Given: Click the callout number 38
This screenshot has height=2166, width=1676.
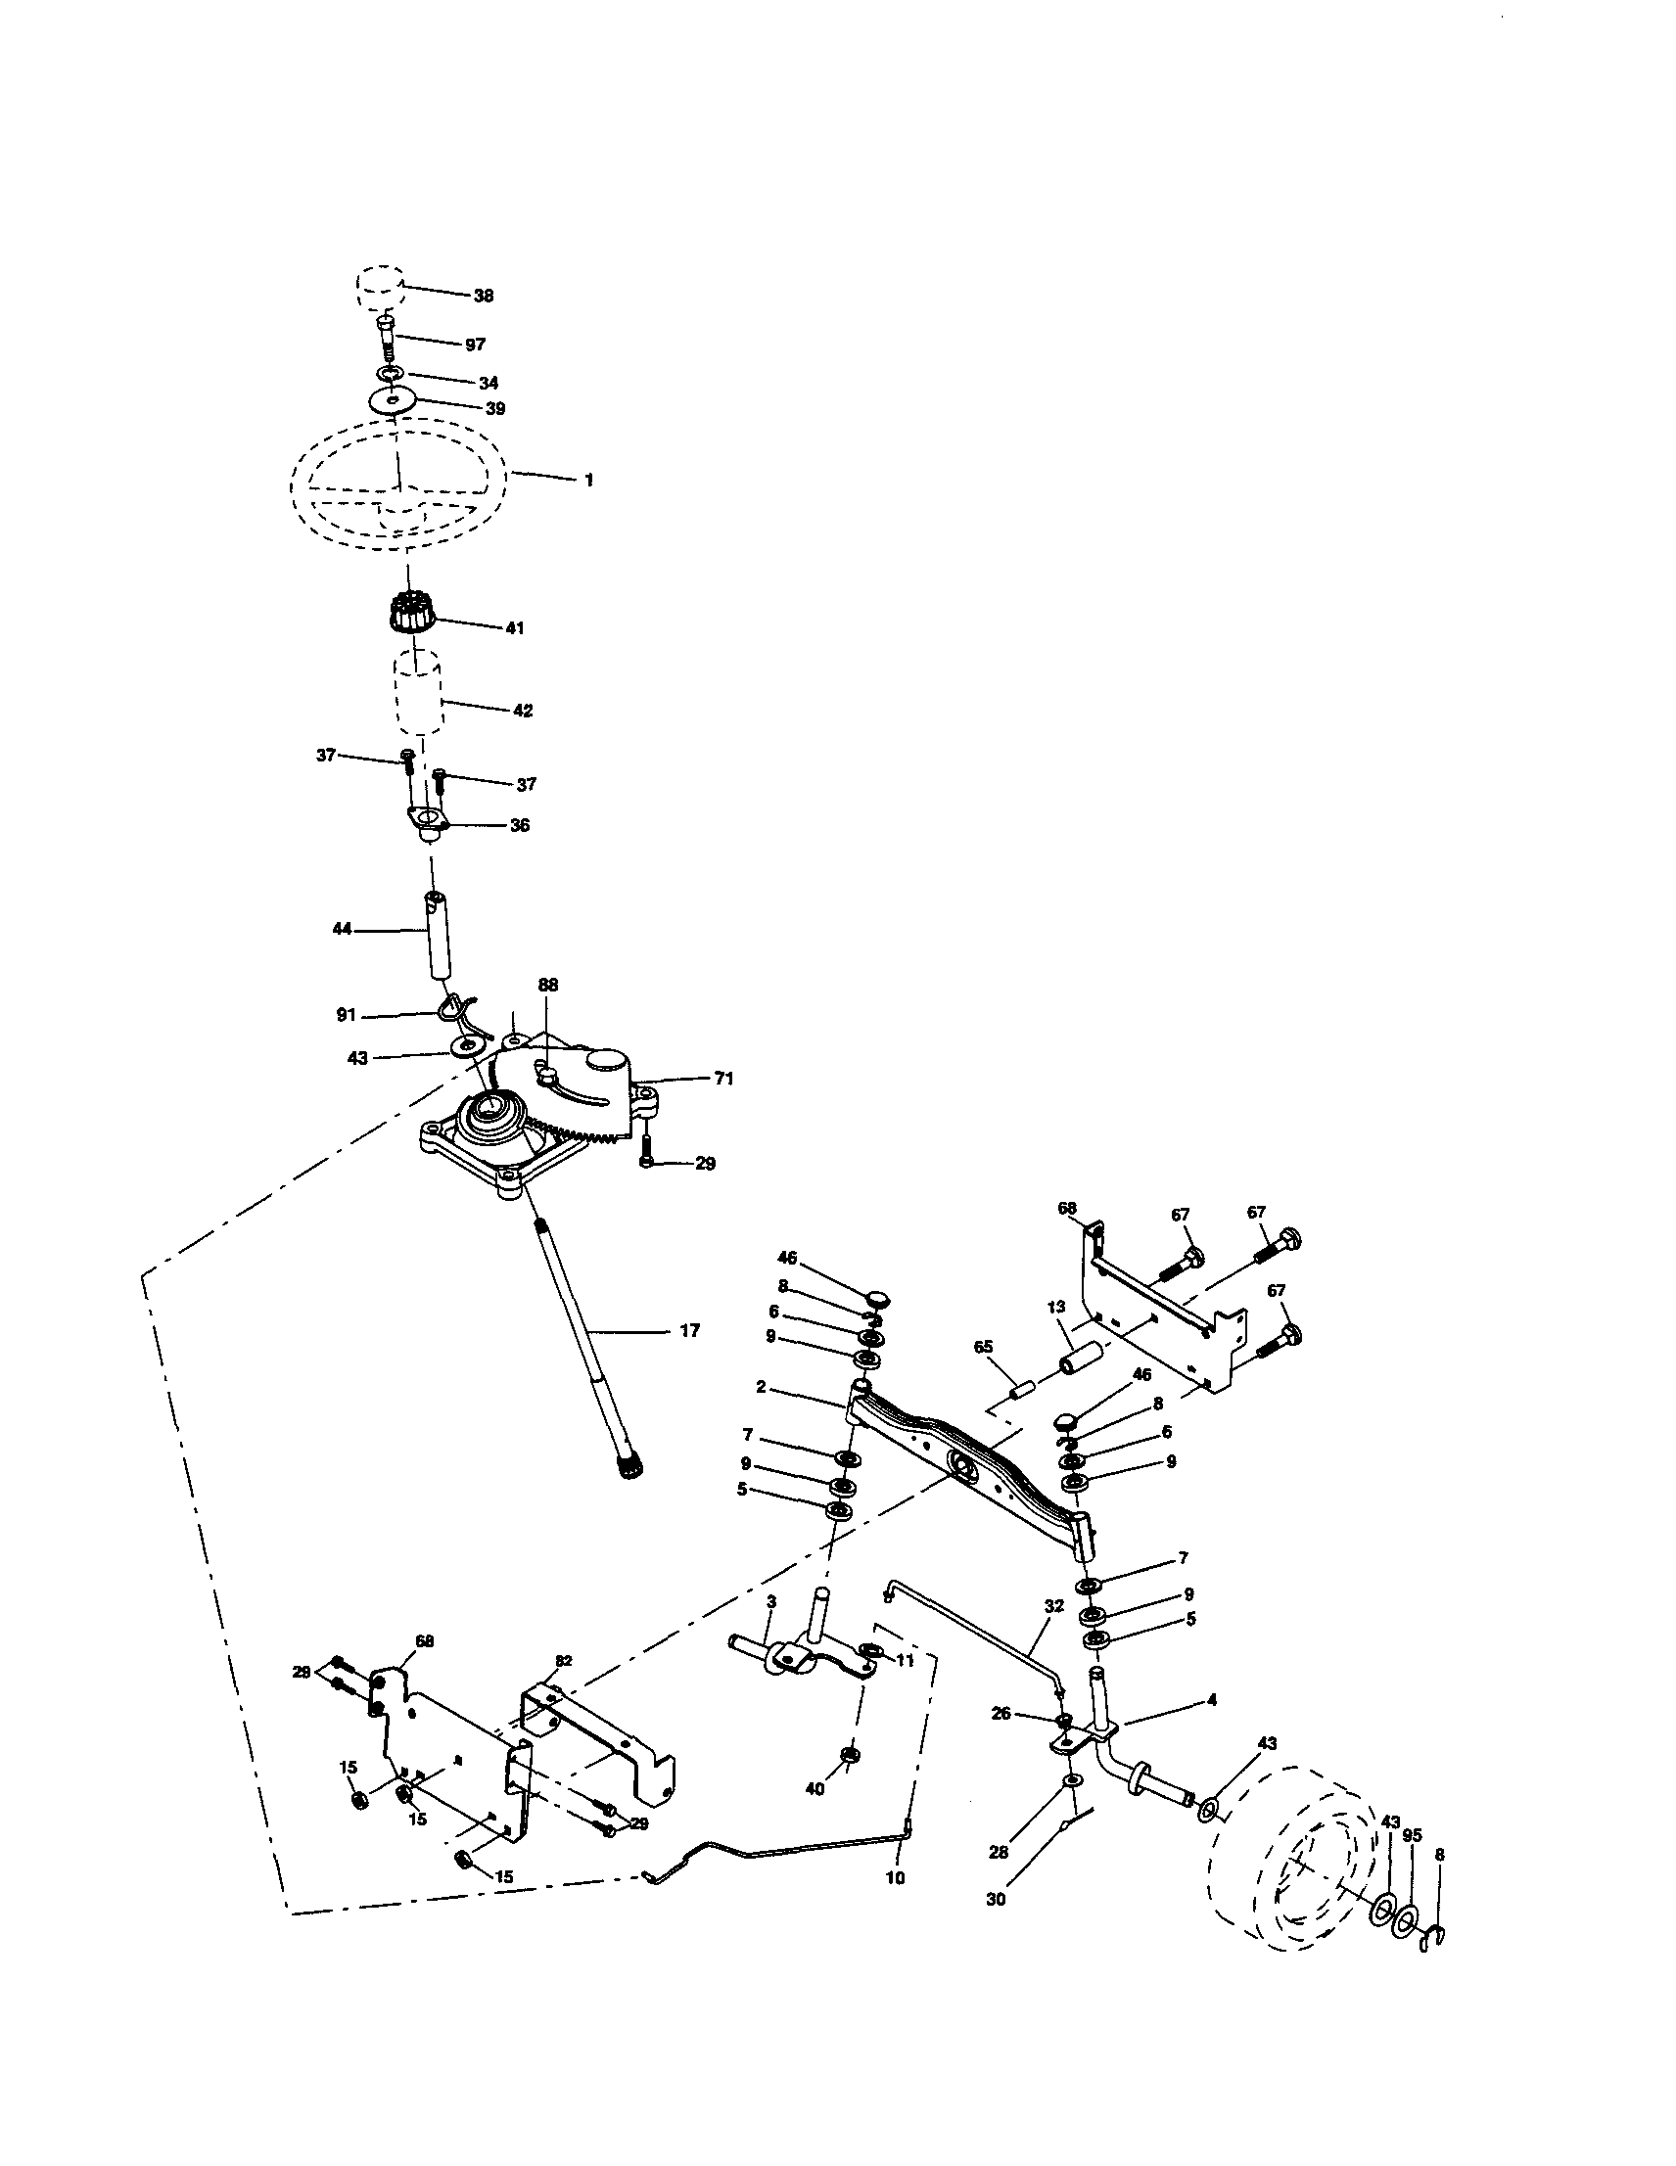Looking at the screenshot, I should (483, 296).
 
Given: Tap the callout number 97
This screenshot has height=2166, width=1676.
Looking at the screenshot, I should (475, 345).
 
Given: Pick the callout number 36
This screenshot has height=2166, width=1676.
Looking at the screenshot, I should (519, 825).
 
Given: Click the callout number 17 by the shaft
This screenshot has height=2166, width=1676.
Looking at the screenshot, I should (689, 1331).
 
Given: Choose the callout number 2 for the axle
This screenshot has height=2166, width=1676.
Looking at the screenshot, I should (761, 1387).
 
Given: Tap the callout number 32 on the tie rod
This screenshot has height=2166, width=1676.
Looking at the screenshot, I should (1053, 1604).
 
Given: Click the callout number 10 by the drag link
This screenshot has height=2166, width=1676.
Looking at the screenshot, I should (895, 1878).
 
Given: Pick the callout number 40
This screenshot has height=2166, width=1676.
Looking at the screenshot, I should (815, 1788).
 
